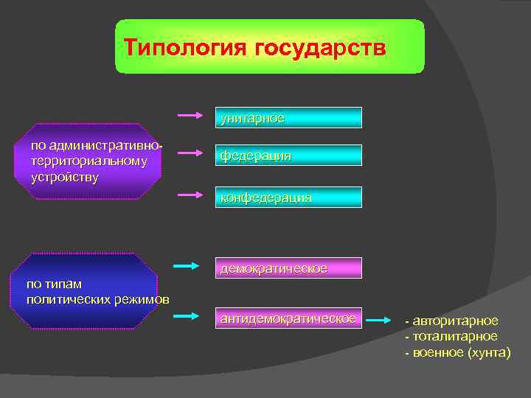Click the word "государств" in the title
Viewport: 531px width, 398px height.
(x=320, y=48)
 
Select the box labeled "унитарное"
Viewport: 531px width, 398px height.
(x=288, y=118)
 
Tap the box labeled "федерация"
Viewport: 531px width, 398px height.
(x=288, y=156)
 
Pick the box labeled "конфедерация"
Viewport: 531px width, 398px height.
(x=288, y=198)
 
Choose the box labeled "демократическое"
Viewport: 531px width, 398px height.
(x=288, y=268)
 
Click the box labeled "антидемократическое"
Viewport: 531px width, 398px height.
(x=288, y=318)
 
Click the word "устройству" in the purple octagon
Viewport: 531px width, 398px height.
(x=65, y=178)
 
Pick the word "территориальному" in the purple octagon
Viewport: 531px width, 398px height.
(x=88, y=161)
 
